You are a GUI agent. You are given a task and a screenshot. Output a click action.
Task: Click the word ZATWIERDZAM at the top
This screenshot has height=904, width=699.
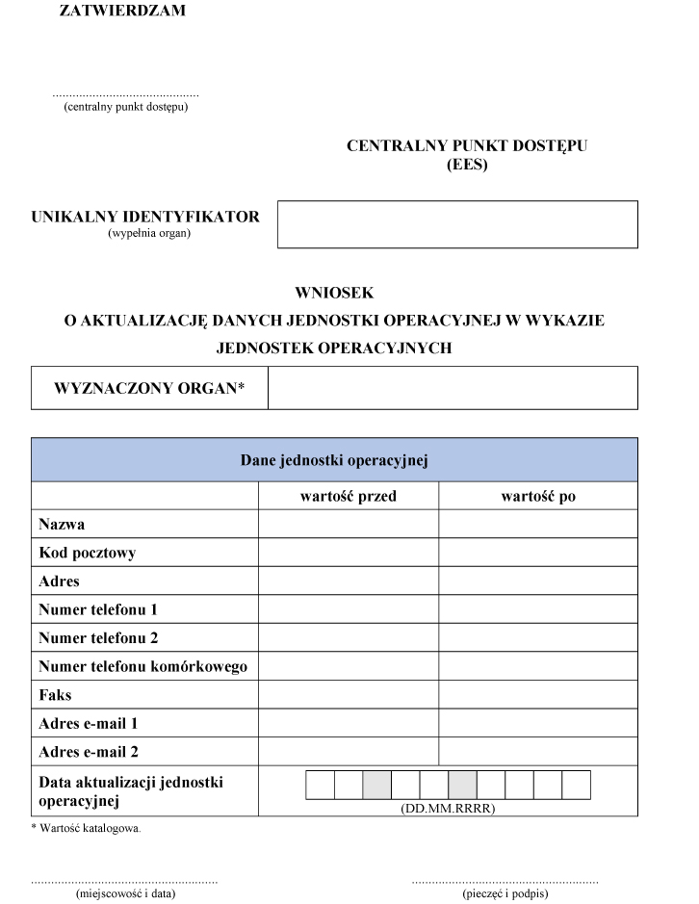click(123, 12)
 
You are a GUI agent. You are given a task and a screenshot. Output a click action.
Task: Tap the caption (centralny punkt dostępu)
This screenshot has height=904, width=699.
click(125, 107)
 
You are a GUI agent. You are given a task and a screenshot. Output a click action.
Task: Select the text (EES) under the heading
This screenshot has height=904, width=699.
click(468, 165)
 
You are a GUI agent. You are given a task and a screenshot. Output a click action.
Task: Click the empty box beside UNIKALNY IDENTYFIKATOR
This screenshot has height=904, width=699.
click(457, 224)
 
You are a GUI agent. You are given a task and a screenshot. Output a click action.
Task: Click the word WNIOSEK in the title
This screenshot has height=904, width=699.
click(334, 293)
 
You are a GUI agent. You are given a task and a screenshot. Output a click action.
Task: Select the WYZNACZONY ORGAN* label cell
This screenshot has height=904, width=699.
click(149, 388)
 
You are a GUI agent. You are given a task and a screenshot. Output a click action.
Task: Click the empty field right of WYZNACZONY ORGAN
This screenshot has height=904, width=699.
click(453, 388)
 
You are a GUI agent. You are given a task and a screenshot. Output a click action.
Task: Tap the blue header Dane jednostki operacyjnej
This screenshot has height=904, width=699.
click(334, 459)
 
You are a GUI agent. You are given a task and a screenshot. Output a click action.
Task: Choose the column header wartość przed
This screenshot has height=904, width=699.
click(349, 496)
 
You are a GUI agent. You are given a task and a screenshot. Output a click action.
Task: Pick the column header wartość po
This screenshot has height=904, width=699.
click(538, 496)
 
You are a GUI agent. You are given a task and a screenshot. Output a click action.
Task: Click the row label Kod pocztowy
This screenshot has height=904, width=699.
click(87, 553)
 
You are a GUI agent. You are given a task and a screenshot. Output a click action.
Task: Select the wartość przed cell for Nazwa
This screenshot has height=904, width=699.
click(349, 525)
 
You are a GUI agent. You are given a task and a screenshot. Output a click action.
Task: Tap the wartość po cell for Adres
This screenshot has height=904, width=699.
click(538, 581)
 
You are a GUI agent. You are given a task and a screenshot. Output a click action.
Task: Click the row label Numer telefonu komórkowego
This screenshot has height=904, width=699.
click(143, 666)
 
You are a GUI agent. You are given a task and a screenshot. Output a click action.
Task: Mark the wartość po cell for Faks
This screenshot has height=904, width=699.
click(538, 694)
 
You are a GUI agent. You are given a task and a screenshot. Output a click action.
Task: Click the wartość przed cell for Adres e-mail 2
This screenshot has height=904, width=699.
click(349, 752)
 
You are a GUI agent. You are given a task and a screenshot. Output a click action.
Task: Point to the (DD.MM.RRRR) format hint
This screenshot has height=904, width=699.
click(448, 809)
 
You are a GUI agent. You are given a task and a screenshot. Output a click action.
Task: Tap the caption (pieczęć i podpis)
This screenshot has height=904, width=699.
click(505, 893)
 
